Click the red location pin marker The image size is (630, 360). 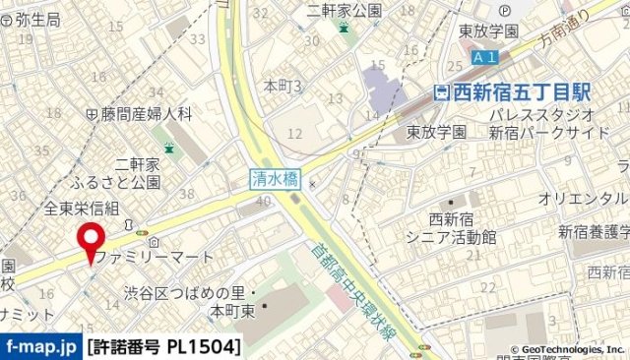pos(93,241)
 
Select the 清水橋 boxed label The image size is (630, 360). pos(275,179)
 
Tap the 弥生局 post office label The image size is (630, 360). pos(31,19)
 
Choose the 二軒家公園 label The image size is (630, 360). pos(343,10)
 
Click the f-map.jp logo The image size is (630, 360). pos(40,346)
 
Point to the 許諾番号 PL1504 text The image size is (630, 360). pos(163,346)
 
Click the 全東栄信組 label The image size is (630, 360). pos(82,208)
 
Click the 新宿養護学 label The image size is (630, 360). pos(594,232)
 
